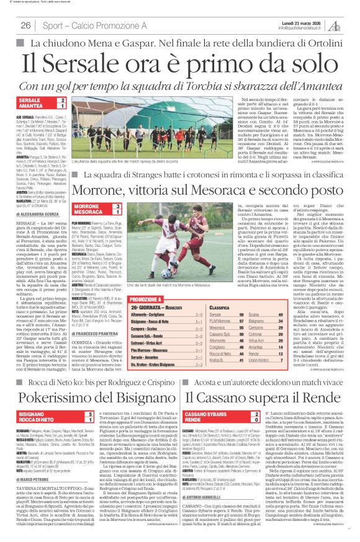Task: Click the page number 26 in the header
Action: coord(25,25)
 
